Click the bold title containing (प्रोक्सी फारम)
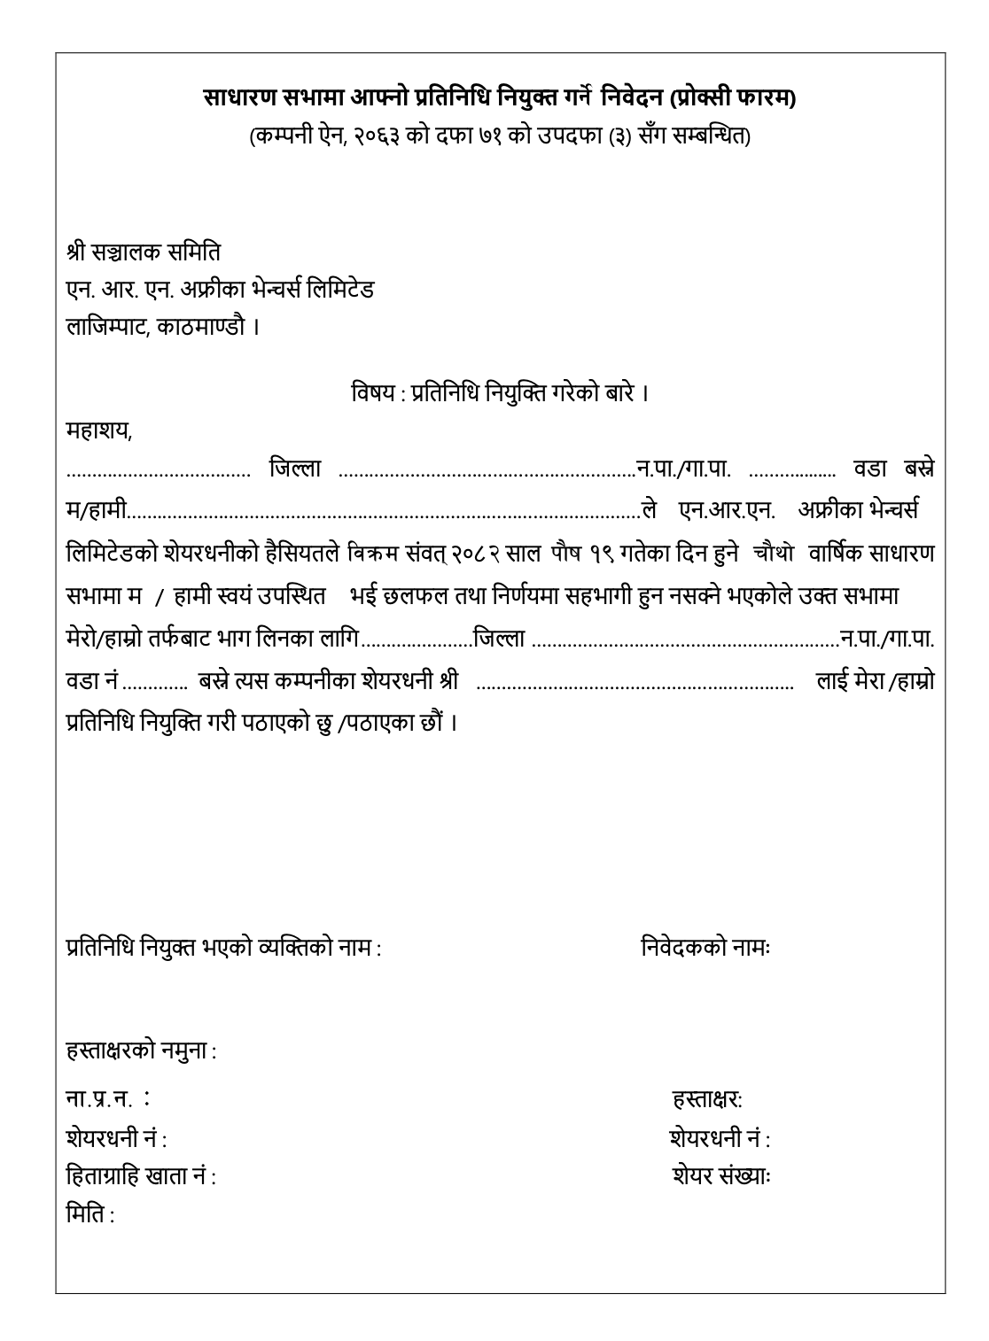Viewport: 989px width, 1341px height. [500, 96]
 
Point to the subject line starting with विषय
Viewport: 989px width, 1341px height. [500, 392]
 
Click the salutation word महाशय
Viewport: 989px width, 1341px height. [99, 432]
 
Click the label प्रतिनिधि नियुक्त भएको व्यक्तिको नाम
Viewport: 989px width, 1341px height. [224, 948]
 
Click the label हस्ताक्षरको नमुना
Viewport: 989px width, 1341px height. [142, 1051]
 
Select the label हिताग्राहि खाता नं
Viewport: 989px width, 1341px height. [141, 1177]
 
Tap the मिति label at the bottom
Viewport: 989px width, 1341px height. [90, 1214]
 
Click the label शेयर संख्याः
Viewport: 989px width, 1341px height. [720, 1177]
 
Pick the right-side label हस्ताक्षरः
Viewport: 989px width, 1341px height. [707, 1099]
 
